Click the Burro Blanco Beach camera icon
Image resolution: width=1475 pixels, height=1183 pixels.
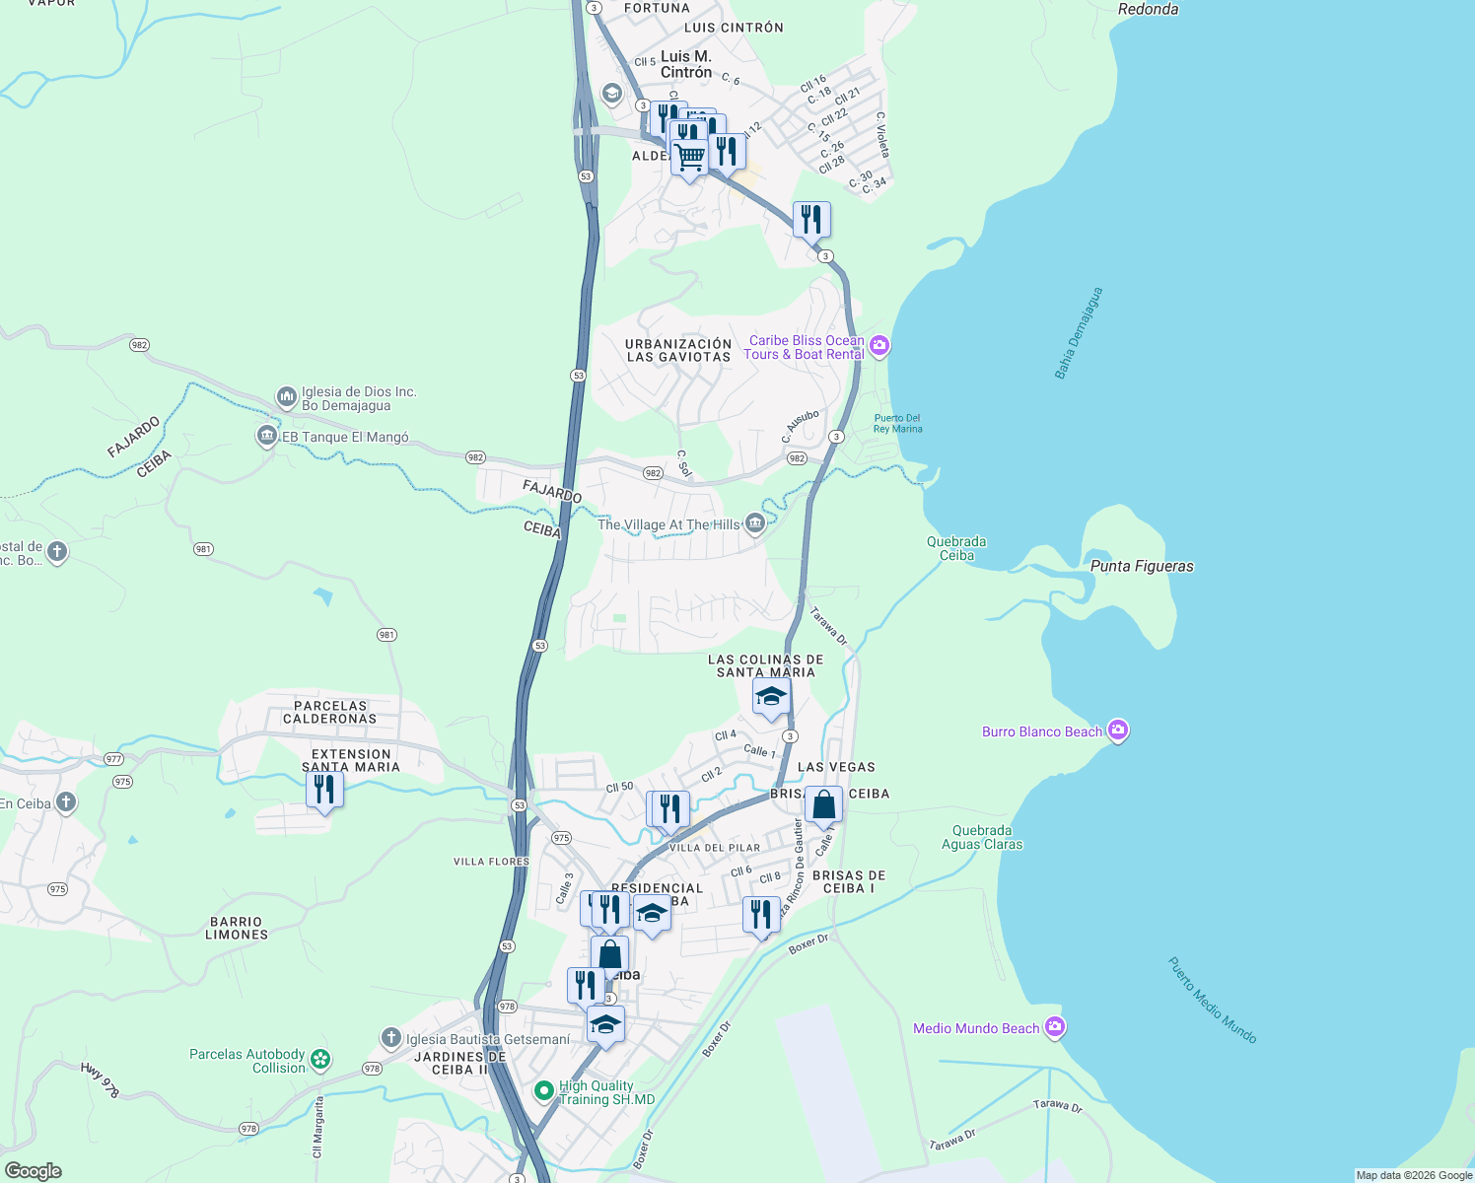[1117, 731]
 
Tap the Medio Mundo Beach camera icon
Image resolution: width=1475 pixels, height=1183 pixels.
[1054, 1028]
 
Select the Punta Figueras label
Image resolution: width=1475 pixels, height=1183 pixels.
[1142, 566]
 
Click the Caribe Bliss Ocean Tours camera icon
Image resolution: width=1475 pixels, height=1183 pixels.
[879, 346]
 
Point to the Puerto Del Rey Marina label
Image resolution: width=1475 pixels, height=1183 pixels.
[897, 423]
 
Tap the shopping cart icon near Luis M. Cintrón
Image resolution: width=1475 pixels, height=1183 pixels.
[689, 156]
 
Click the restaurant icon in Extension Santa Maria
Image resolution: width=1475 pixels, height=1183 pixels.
[324, 790]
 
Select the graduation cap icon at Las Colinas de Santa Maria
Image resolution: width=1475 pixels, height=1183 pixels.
[770, 697]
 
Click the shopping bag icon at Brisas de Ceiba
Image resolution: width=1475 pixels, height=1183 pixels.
[823, 805]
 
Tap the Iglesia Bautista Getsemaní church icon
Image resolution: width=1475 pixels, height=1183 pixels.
[391, 1038]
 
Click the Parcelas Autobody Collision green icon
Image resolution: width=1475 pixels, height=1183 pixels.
[319, 1060]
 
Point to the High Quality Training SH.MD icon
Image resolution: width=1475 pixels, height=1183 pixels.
[543, 1091]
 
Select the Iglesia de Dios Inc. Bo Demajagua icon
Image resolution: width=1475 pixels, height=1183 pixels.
[287, 397]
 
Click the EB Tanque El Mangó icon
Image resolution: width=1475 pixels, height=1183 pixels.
[267, 436]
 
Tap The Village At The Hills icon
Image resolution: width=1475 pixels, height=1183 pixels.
[754, 523]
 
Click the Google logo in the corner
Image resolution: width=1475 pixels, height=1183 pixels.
[34, 1170]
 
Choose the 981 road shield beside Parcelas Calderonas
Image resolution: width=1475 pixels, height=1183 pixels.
[386, 635]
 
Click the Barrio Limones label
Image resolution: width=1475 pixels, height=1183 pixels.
[237, 928]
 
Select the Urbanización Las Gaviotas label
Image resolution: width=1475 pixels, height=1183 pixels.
[678, 350]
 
